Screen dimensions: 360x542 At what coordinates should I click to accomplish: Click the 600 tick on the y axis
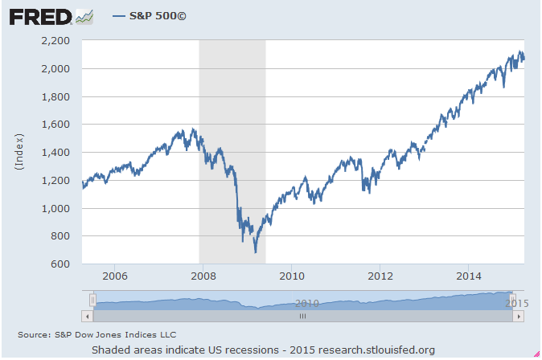coord(63,264)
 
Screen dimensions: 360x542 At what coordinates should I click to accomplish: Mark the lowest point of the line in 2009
coord(256,252)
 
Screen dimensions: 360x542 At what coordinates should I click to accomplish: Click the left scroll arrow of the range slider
coord(87,317)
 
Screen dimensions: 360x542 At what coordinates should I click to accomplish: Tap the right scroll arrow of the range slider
coord(519,317)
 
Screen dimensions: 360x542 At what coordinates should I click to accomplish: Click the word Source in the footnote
coord(35,333)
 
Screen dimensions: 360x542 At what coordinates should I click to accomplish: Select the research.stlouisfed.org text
coord(376,350)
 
